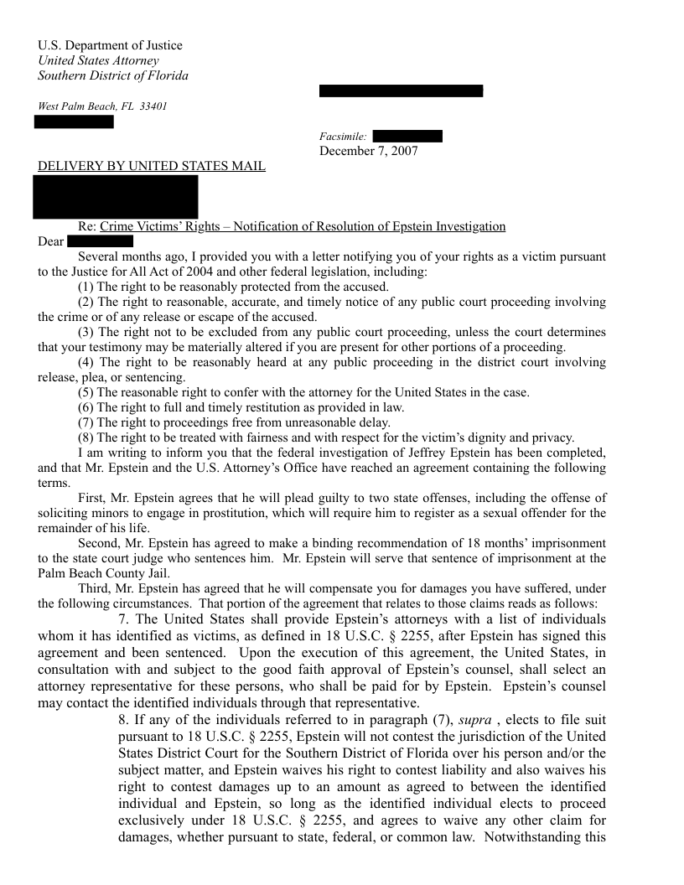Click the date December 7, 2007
(368, 151)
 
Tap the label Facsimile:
(342, 137)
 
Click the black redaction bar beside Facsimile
(407, 137)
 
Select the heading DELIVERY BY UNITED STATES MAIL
(152, 166)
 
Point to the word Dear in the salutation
(51, 242)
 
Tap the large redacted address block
(116, 197)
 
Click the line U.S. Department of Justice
(110, 45)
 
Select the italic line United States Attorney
(98, 60)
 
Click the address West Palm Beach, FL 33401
(102, 106)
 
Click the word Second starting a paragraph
(99, 543)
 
